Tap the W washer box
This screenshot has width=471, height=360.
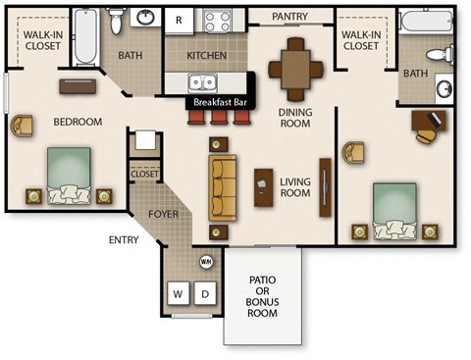click(x=179, y=293)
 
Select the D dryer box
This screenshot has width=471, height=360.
click(x=206, y=293)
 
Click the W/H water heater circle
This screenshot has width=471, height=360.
click(x=206, y=262)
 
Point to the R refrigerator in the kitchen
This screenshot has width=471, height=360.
click(x=179, y=20)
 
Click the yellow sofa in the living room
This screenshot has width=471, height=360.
click(x=222, y=184)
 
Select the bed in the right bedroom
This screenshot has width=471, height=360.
click(x=393, y=210)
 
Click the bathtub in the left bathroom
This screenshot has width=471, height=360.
click(x=84, y=37)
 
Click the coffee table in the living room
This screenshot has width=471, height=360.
click(x=263, y=186)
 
